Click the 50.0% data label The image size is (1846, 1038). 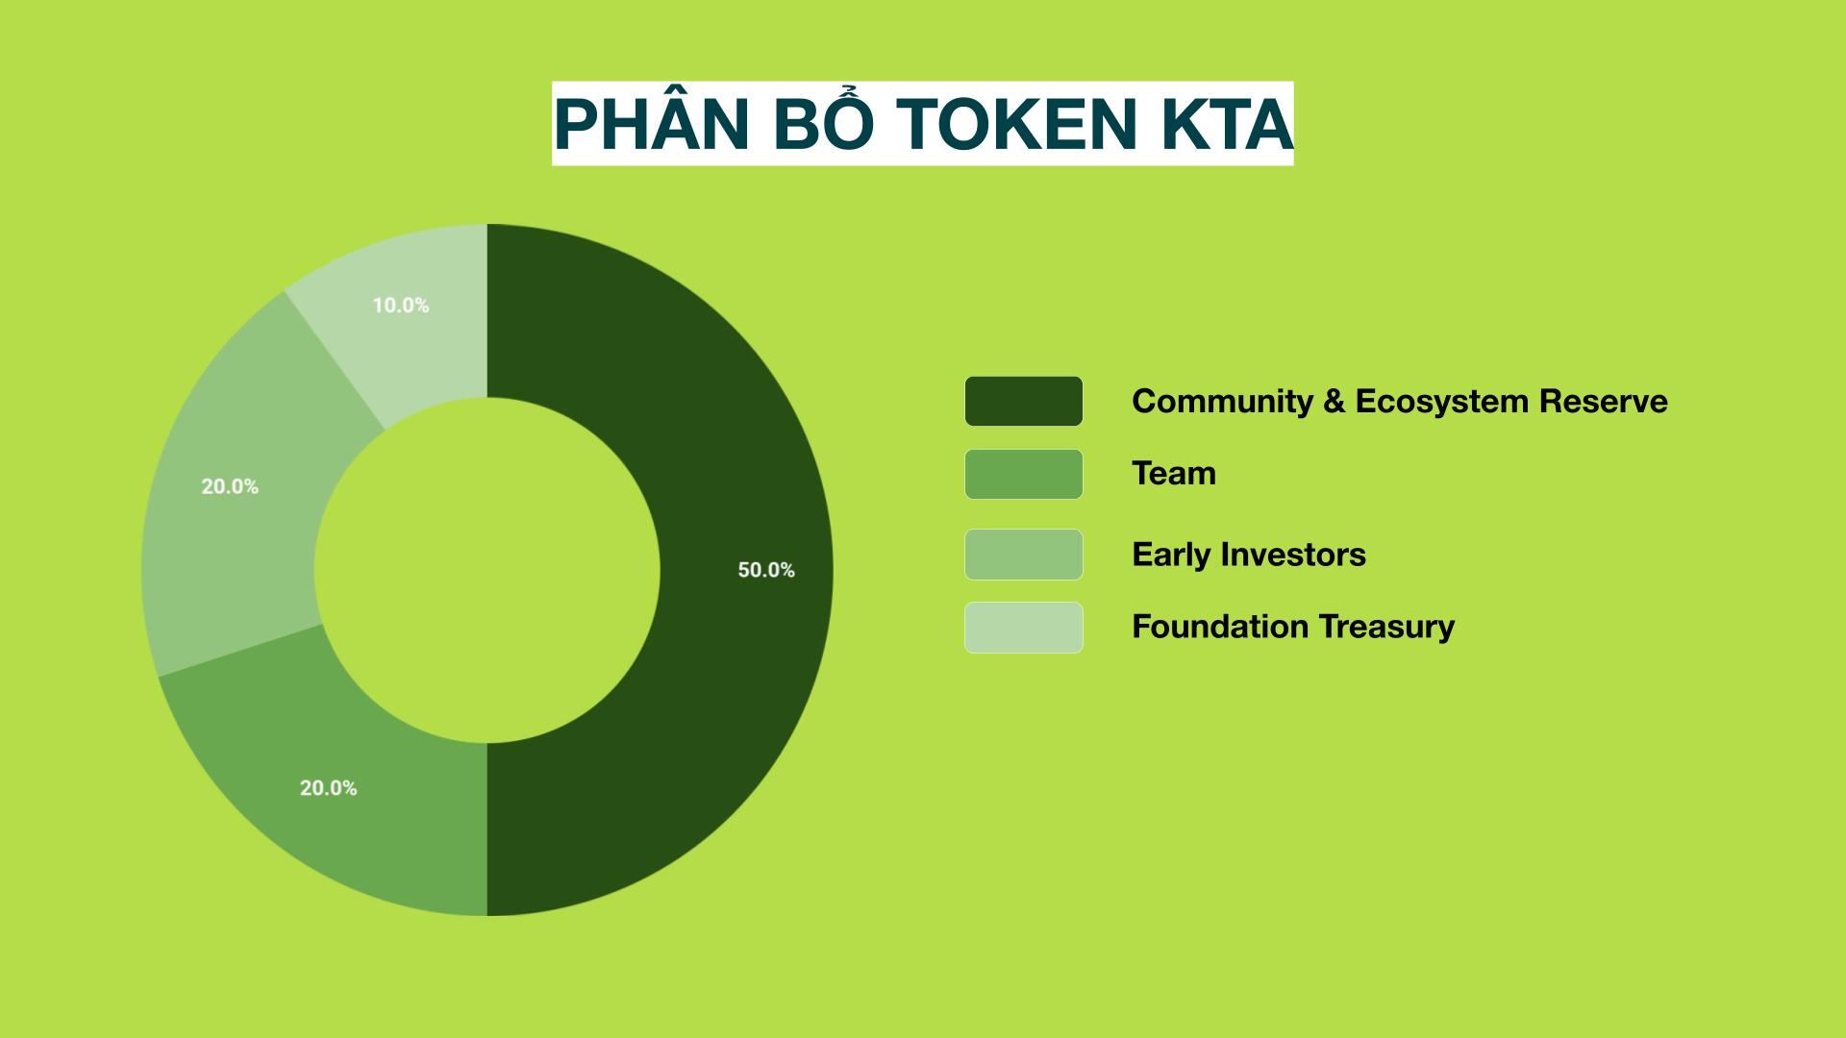point(766,570)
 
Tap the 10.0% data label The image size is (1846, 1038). point(401,306)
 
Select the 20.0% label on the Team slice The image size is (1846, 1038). point(329,788)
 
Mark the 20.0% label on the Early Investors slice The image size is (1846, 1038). point(230,487)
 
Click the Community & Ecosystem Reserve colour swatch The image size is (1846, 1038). point(1024,401)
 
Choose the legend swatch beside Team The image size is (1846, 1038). point(1024,474)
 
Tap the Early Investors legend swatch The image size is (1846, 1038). point(1024,555)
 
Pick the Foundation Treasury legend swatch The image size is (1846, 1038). point(1024,628)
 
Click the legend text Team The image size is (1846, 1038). point(1174,473)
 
